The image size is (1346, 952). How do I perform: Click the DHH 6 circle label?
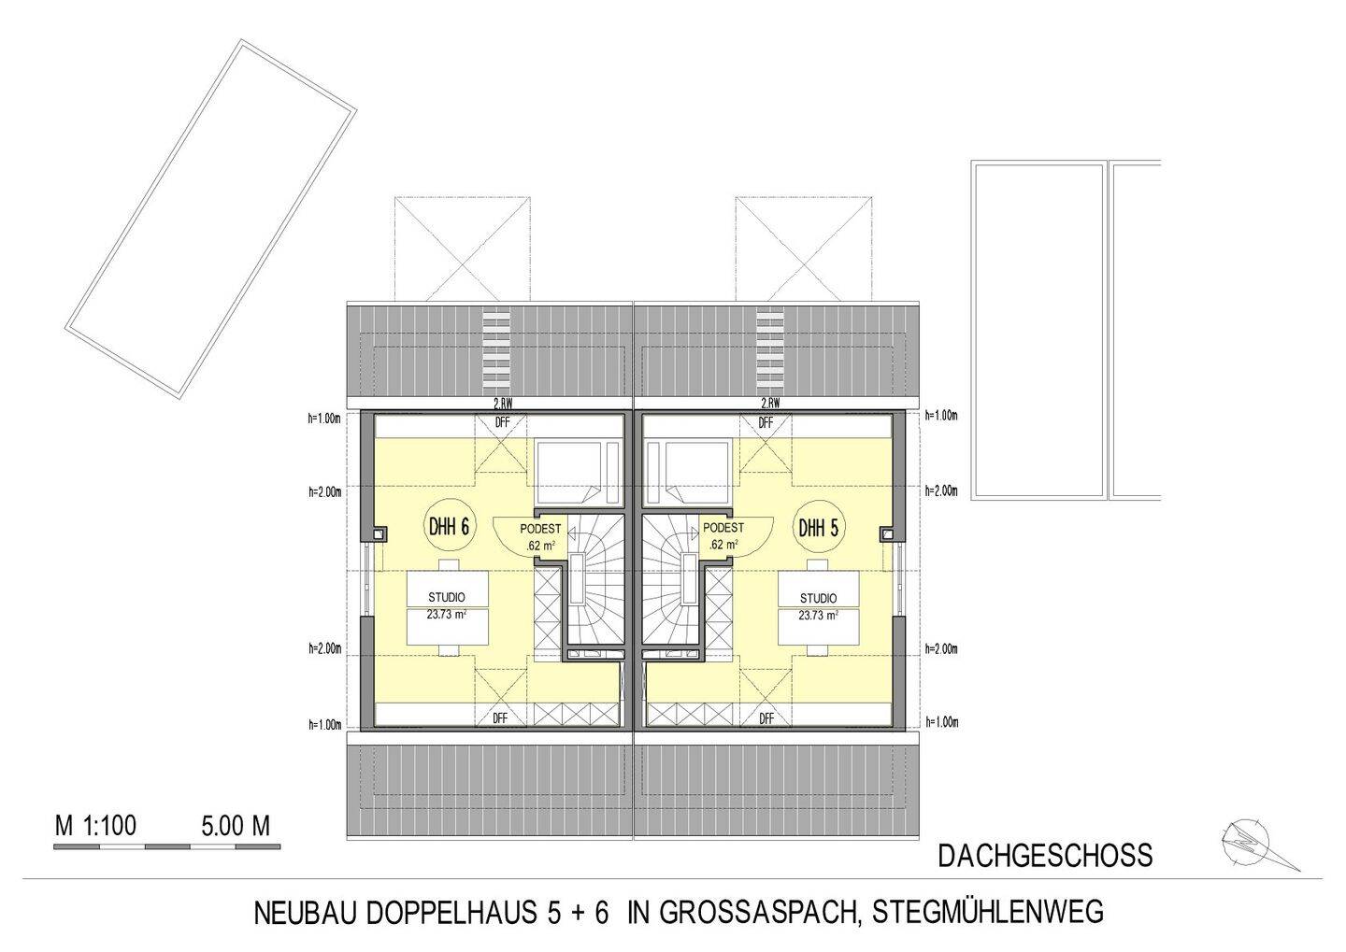449,527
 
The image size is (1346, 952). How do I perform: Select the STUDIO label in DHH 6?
447,597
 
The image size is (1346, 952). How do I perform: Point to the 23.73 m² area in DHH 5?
818,616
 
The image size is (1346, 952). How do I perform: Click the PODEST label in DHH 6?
540,529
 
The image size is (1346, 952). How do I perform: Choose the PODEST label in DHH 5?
723,529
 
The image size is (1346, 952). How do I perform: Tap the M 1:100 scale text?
96,826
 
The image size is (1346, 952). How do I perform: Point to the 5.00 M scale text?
236,826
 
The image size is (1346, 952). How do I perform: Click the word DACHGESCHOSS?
1045,856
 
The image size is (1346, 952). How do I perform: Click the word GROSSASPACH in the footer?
759,912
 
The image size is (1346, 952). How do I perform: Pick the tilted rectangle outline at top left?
210,220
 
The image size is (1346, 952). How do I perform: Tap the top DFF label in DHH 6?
503,423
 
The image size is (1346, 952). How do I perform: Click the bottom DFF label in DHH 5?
766,718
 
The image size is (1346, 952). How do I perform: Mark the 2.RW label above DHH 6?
503,404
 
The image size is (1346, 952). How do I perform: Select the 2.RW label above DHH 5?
770,404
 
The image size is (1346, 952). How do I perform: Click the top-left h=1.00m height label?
324,418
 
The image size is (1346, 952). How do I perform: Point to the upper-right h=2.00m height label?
941,490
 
